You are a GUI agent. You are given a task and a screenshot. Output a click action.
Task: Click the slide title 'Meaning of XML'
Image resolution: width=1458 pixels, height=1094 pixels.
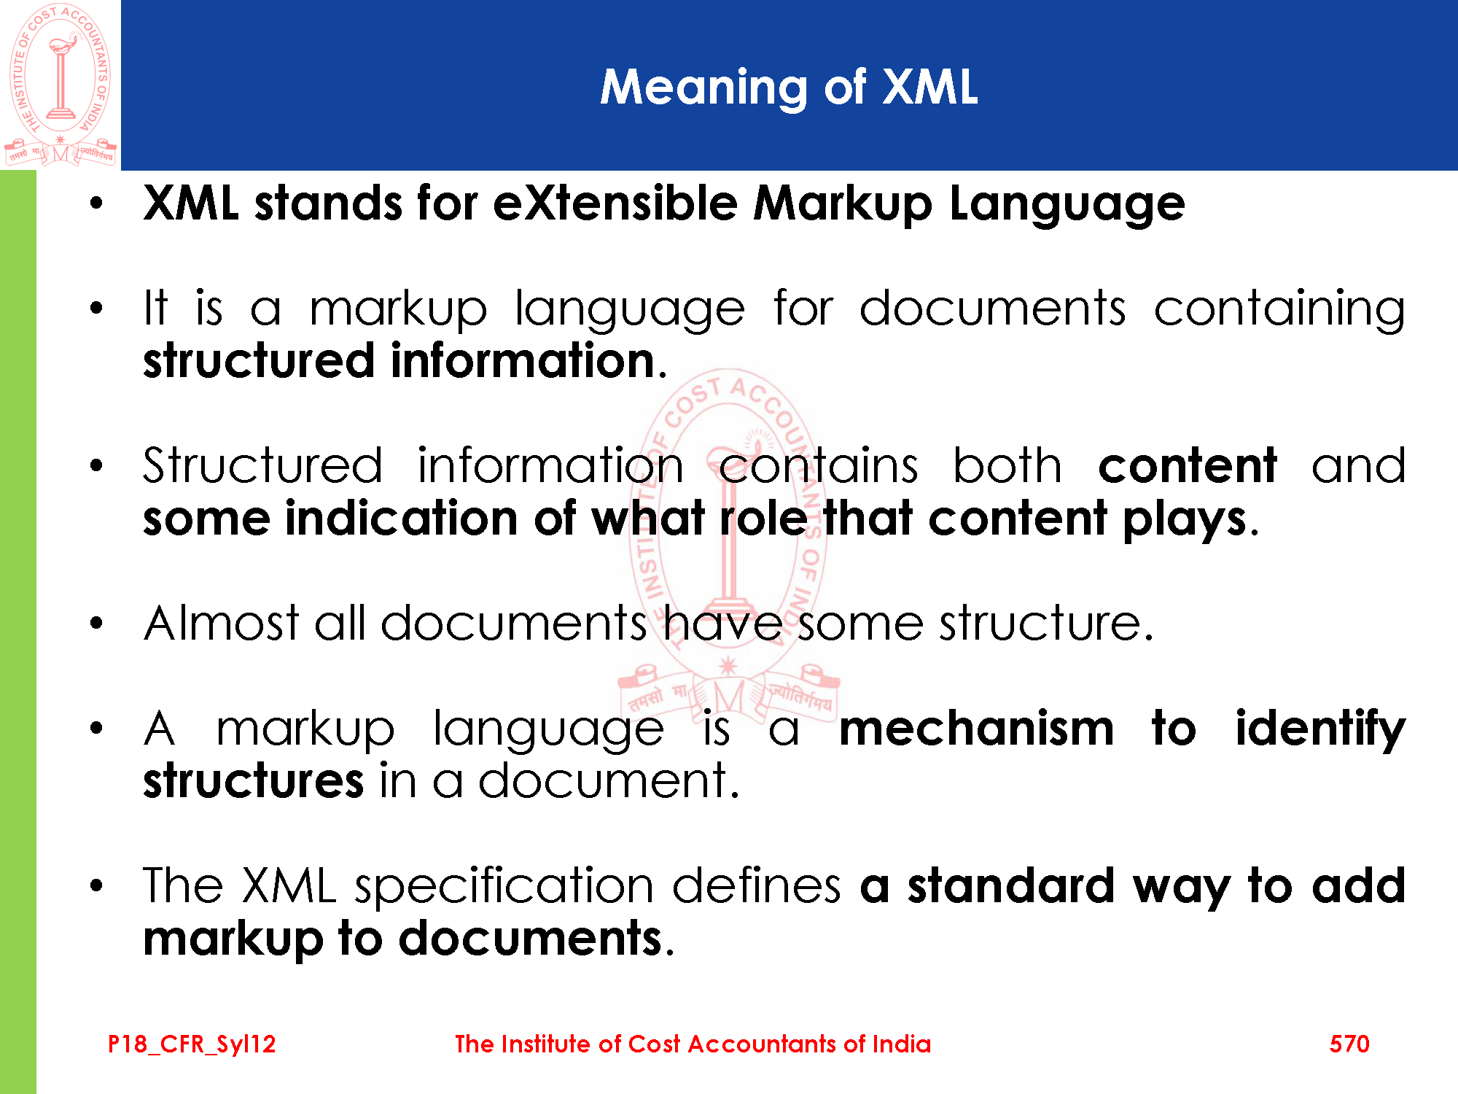789,88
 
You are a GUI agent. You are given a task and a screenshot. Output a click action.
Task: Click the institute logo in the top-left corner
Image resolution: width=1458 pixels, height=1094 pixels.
61,85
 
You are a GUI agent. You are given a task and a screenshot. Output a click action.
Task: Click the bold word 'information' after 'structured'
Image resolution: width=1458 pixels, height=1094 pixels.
523,361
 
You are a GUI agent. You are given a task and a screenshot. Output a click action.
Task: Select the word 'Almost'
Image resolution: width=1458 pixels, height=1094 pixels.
221,624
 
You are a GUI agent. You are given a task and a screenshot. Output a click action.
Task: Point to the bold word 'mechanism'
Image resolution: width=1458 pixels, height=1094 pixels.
977,729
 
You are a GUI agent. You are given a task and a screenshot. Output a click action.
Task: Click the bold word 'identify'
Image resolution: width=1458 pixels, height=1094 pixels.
1320,730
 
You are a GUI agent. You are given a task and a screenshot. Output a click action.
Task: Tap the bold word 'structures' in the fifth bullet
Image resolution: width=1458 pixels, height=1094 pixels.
253,781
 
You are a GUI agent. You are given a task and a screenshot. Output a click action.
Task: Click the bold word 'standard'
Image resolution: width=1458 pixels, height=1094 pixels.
1011,886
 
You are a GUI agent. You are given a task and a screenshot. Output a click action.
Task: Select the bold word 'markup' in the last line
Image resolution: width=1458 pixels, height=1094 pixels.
233,941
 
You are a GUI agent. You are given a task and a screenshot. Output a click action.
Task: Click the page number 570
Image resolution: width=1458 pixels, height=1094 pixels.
1349,1044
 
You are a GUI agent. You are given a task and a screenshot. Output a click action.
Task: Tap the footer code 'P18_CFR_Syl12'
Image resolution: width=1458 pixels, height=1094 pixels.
192,1044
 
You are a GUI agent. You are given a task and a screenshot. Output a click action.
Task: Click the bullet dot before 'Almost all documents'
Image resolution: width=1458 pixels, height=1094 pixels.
96,624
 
